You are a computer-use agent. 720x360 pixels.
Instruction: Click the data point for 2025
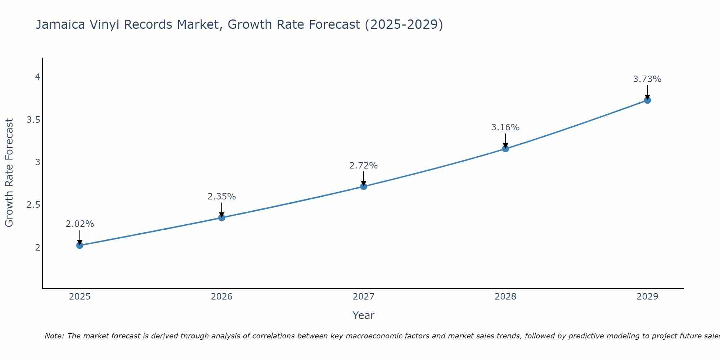coord(80,246)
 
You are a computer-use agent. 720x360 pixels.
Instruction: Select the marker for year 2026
coord(222,217)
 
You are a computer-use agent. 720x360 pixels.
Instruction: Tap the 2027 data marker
coord(364,186)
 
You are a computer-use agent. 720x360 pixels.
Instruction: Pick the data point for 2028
coord(505,149)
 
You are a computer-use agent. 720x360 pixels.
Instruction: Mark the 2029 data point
coord(647,100)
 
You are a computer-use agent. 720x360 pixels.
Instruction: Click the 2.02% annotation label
coord(80,224)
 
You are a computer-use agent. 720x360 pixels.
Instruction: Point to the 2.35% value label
coord(222,197)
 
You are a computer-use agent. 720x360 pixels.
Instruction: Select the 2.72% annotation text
coord(364,166)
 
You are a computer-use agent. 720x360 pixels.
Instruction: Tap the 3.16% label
coord(505,127)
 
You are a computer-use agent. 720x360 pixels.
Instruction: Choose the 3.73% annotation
coord(647,79)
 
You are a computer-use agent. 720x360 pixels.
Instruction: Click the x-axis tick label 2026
coord(222,297)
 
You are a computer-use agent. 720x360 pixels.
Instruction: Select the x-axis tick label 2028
coord(505,297)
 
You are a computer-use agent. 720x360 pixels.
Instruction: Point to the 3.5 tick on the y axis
coord(33,120)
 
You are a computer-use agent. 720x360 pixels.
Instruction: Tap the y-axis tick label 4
coord(37,77)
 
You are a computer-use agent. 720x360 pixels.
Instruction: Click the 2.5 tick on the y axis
coord(33,205)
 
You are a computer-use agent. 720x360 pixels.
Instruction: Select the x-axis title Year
coord(364,315)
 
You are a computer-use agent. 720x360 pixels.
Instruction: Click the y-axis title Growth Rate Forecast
coord(9,173)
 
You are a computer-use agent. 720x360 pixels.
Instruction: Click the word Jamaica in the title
coord(60,25)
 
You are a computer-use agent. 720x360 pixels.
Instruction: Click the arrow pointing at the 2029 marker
coord(647,92)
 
